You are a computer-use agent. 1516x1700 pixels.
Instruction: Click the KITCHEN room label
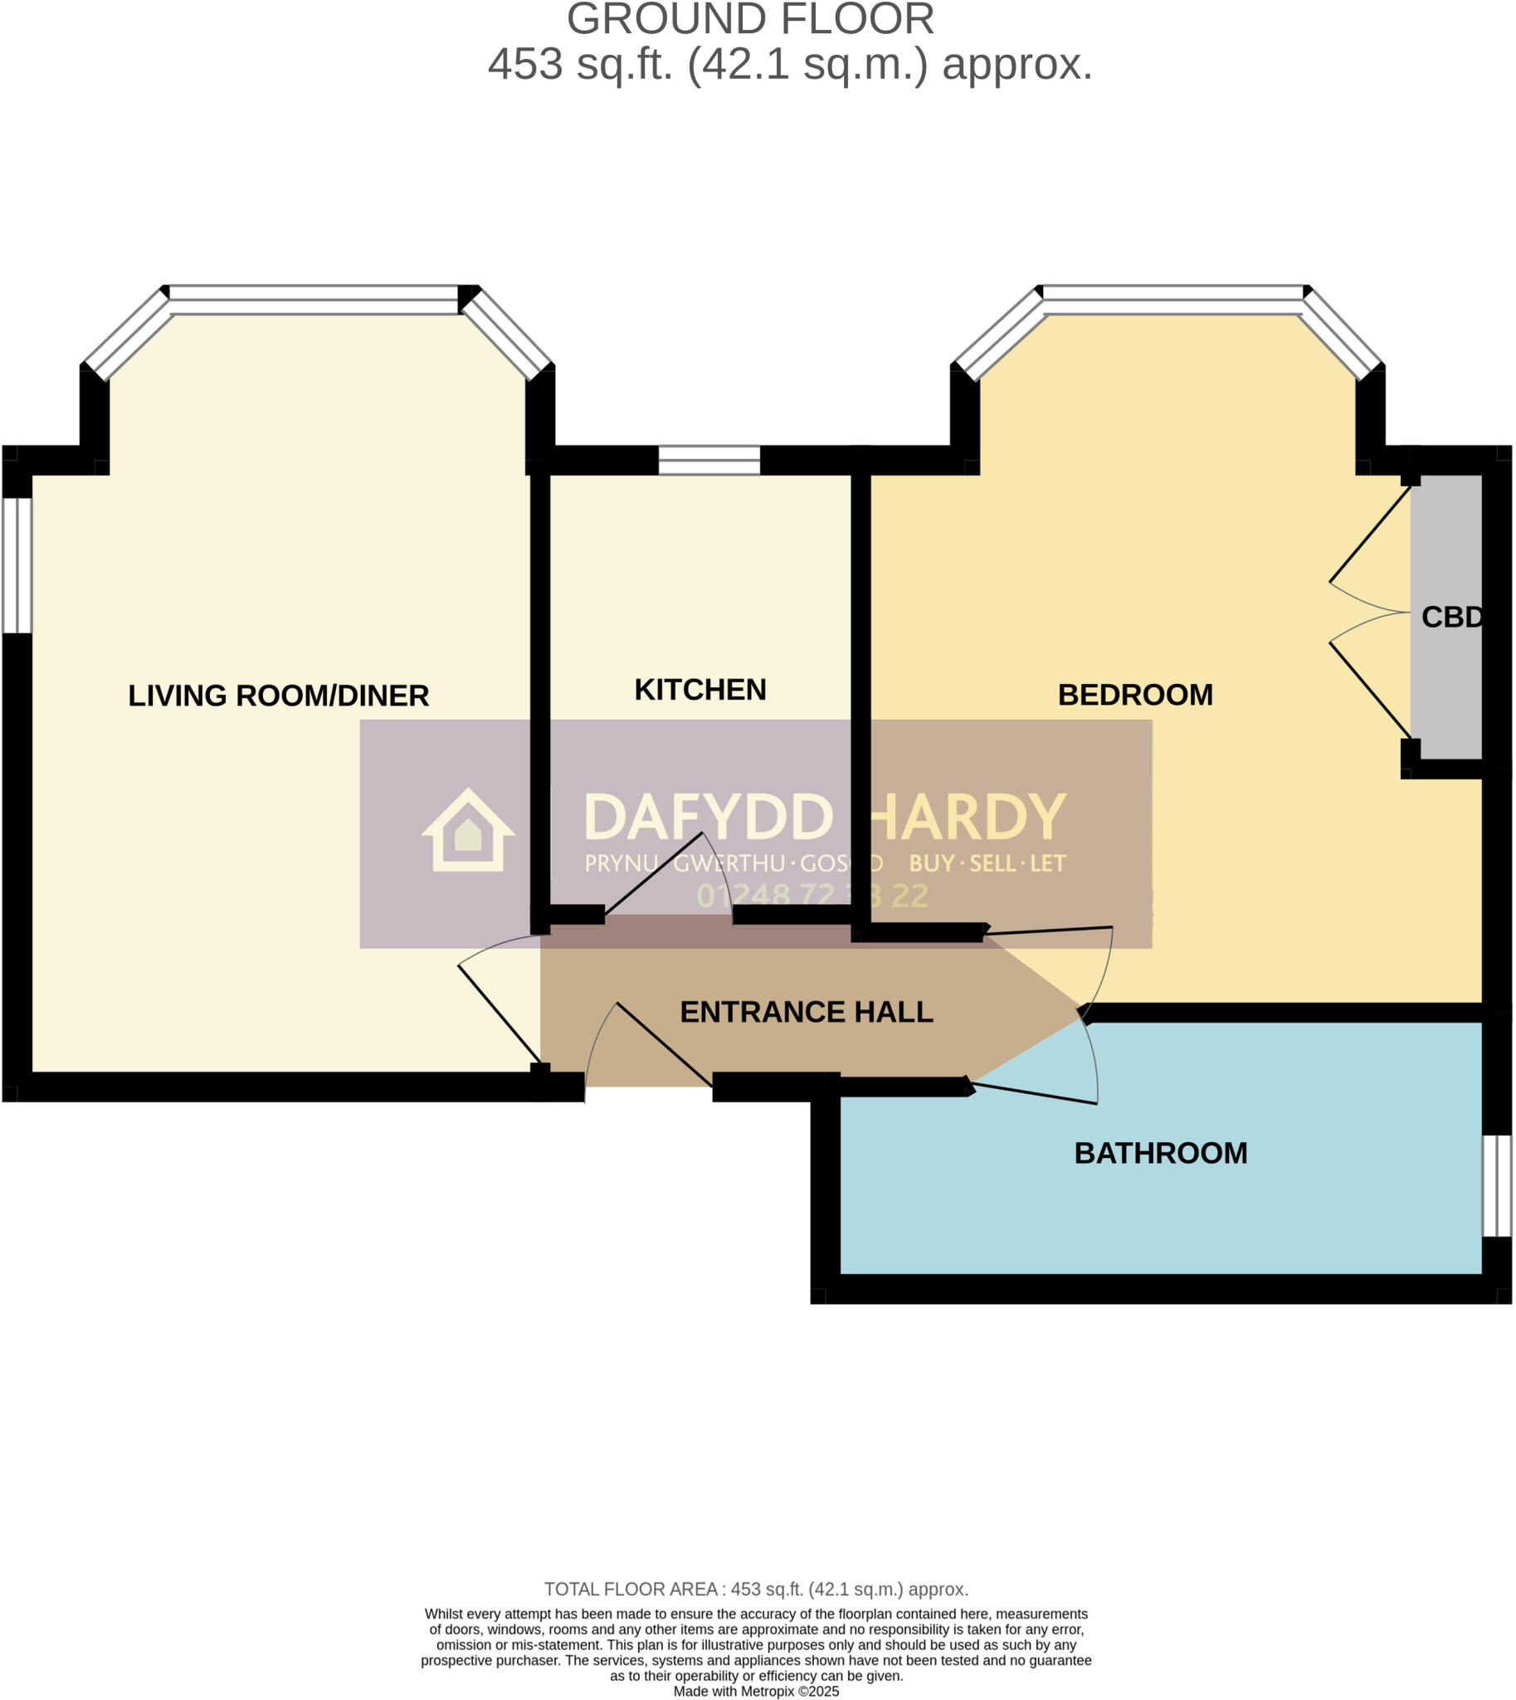(x=700, y=690)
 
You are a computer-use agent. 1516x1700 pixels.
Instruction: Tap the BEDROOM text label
(x=1134, y=695)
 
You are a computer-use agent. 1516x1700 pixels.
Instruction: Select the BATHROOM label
(x=1160, y=1153)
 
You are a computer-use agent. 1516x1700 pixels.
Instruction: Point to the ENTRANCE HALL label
(x=806, y=1012)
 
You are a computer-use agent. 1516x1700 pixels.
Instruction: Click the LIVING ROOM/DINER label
(x=278, y=696)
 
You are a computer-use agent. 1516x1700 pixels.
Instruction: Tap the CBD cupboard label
(x=1450, y=618)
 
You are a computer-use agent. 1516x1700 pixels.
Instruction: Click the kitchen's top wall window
(x=709, y=460)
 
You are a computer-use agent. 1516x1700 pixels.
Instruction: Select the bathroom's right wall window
(x=1497, y=1186)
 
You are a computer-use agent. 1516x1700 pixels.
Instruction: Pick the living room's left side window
(x=17, y=566)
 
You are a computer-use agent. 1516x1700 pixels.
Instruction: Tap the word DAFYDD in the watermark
(x=708, y=818)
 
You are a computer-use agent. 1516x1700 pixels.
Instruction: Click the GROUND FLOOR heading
(x=749, y=20)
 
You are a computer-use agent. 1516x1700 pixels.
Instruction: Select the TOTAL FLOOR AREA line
(x=755, y=1589)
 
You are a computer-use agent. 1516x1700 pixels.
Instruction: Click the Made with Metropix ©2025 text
(x=755, y=1692)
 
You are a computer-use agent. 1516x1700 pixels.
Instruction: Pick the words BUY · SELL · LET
(x=987, y=863)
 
